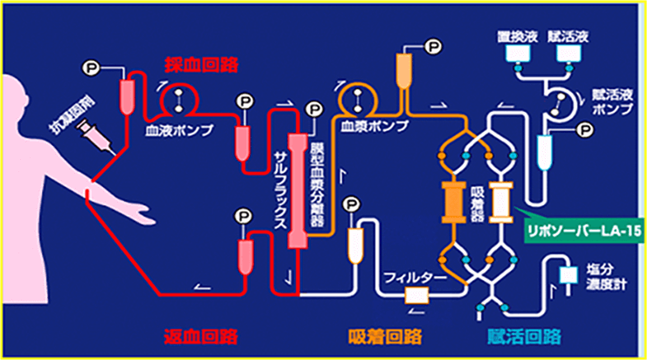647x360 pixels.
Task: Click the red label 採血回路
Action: pos(203,66)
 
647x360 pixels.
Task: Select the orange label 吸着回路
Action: pos(385,336)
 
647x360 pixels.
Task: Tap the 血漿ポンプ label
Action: pos(364,126)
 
